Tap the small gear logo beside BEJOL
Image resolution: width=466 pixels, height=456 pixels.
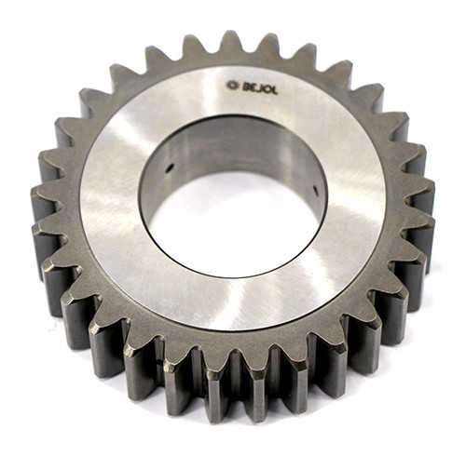232,85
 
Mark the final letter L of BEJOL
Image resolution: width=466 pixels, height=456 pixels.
275,91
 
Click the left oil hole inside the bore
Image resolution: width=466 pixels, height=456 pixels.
170,168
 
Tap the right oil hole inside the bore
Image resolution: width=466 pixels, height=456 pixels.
315,190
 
